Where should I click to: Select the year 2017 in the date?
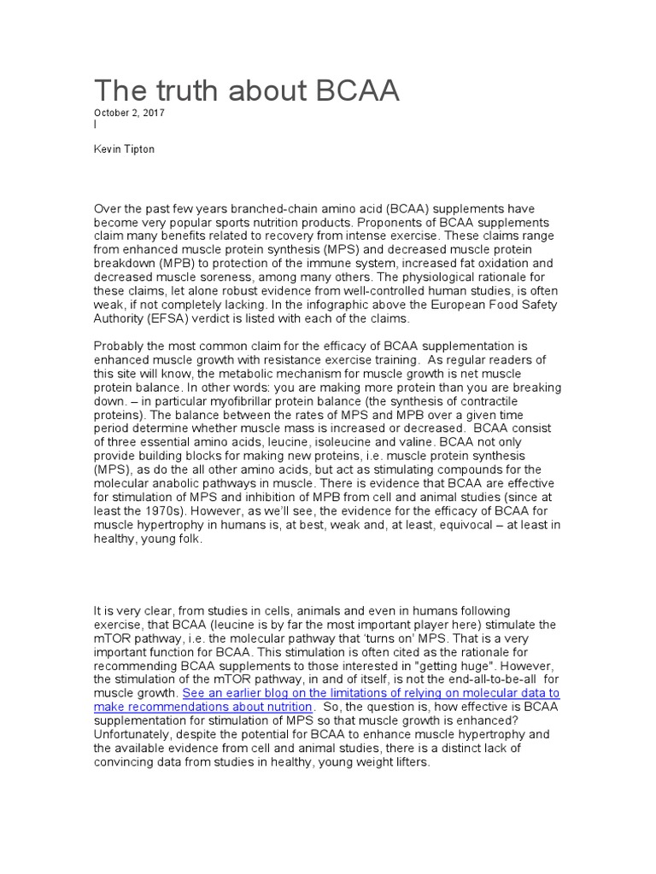point(153,113)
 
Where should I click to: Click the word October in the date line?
point(112,113)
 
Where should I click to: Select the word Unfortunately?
point(132,734)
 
